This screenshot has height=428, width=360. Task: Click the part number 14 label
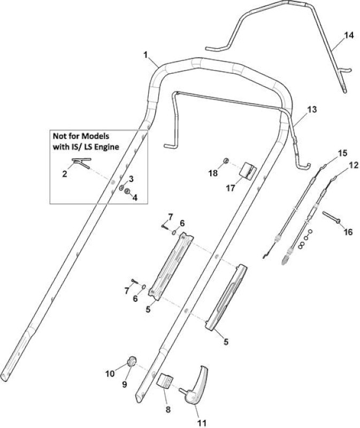(x=349, y=35)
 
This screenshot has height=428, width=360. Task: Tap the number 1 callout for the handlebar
(x=145, y=55)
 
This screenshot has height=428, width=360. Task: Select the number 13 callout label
(x=312, y=110)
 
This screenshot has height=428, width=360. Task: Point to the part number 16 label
(x=348, y=232)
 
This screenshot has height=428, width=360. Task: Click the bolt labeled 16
(x=332, y=217)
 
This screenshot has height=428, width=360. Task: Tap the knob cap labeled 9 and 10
(x=131, y=362)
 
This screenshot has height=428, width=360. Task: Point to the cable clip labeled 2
(x=81, y=163)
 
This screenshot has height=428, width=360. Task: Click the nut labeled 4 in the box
(x=127, y=192)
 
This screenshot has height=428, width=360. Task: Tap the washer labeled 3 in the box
(x=121, y=188)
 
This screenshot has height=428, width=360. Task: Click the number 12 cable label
(x=353, y=165)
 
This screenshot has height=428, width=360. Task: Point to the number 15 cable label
(x=343, y=153)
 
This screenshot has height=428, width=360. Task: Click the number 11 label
(x=202, y=423)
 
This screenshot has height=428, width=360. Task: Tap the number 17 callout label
(x=231, y=188)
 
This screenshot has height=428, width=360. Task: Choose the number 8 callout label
(x=168, y=409)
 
